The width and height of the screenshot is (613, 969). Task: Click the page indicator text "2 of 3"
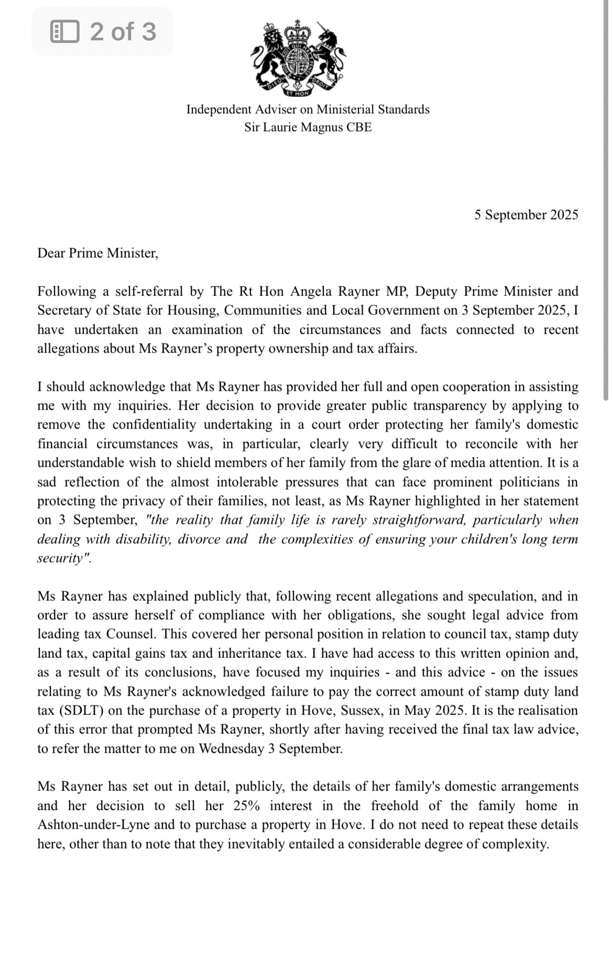pyautogui.click(x=123, y=31)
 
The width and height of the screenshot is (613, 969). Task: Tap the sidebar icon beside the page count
pyautogui.click(x=65, y=31)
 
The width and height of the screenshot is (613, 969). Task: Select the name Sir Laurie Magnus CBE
pyautogui.click(x=308, y=127)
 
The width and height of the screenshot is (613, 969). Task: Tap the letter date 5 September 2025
pyautogui.click(x=526, y=215)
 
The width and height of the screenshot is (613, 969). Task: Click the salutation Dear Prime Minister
pyautogui.click(x=97, y=254)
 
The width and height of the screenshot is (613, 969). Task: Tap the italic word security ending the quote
pyautogui.click(x=61, y=558)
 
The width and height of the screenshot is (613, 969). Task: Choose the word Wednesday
pyautogui.click(x=231, y=748)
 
